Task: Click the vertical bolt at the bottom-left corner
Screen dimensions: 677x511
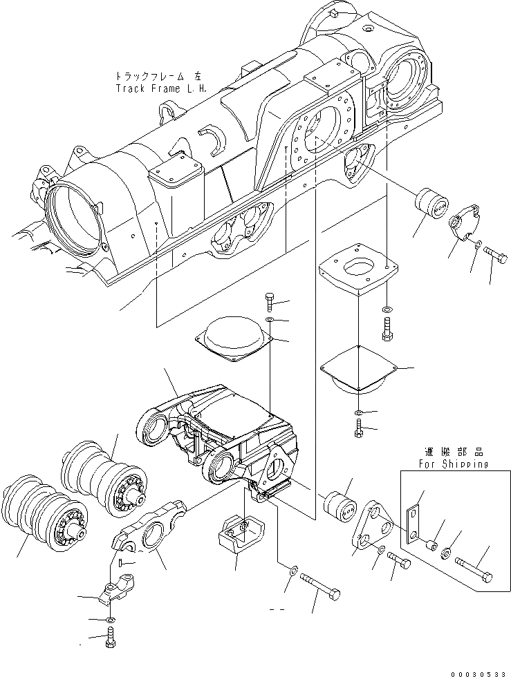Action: pyautogui.click(x=111, y=640)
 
